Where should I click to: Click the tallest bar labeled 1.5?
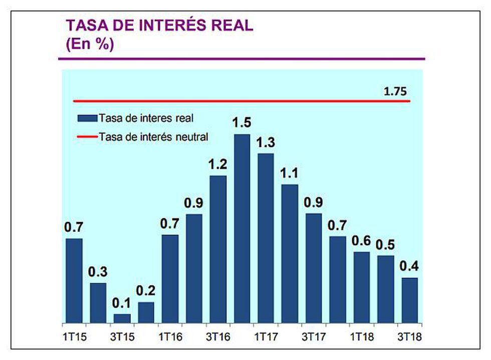point(242,228)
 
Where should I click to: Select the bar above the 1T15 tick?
point(74,280)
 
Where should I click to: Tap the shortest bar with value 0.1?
point(122,318)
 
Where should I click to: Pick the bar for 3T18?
point(409,300)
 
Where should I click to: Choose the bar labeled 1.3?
point(266,238)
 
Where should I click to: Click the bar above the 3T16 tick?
point(218,249)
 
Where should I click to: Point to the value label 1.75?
point(396,92)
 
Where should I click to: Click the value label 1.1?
point(290,173)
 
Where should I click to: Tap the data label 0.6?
point(361,241)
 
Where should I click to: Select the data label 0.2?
point(146,291)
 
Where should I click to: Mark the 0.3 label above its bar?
point(98,272)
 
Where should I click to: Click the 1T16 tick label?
point(170,336)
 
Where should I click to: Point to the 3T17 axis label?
point(314,336)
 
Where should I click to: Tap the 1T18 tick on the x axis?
point(362,336)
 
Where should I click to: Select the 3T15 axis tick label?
point(122,336)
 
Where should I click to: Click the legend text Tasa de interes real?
point(146,118)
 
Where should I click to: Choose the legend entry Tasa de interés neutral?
point(153,136)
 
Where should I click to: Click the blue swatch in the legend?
point(87,118)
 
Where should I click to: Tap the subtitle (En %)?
point(90,44)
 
